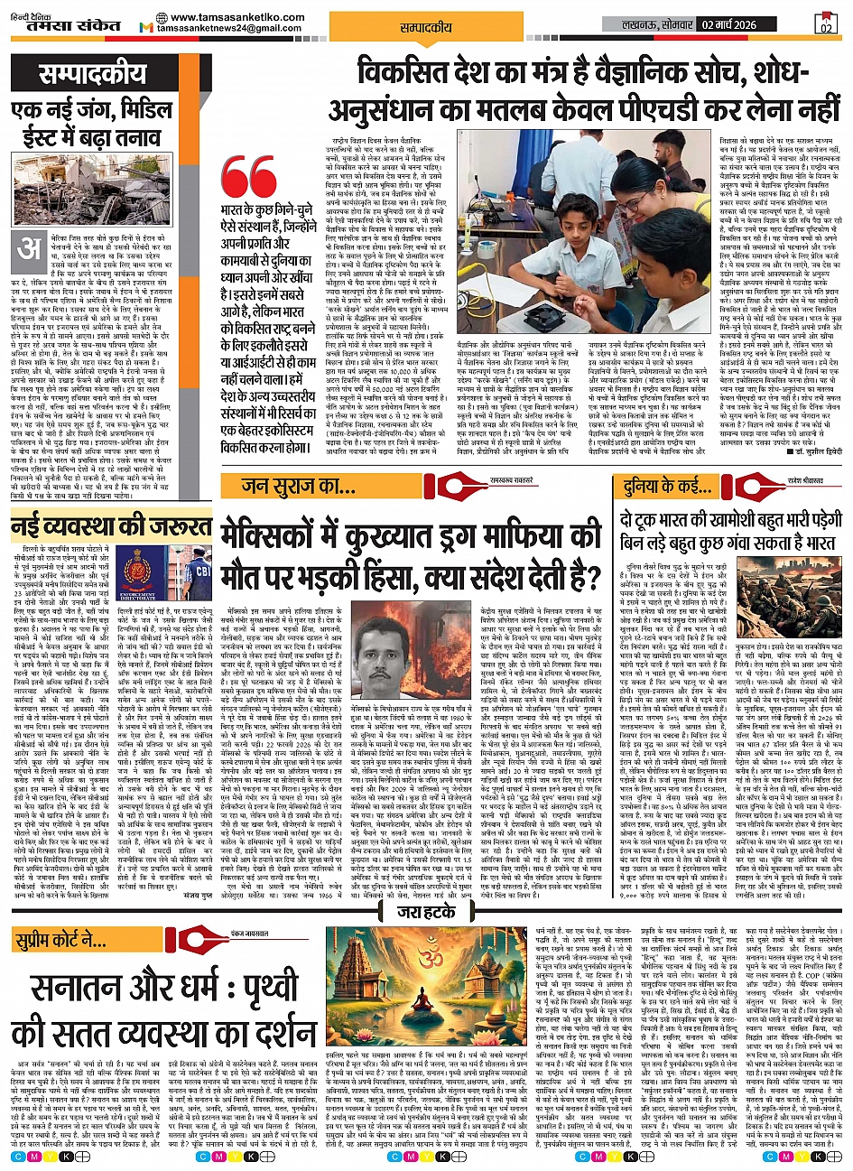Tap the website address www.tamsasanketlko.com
229,18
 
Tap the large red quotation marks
248,181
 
